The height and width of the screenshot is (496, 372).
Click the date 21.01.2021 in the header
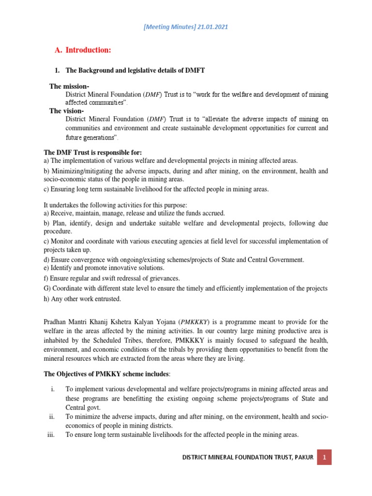point(212,27)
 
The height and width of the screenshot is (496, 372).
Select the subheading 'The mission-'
point(70,86)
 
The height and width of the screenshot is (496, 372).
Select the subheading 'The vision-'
point(67,111)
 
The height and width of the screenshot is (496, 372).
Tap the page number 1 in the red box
point(325,457)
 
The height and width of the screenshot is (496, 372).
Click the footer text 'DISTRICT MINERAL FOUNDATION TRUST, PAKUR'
point(248,457)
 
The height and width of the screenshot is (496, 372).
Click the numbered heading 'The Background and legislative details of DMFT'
point(135,71)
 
